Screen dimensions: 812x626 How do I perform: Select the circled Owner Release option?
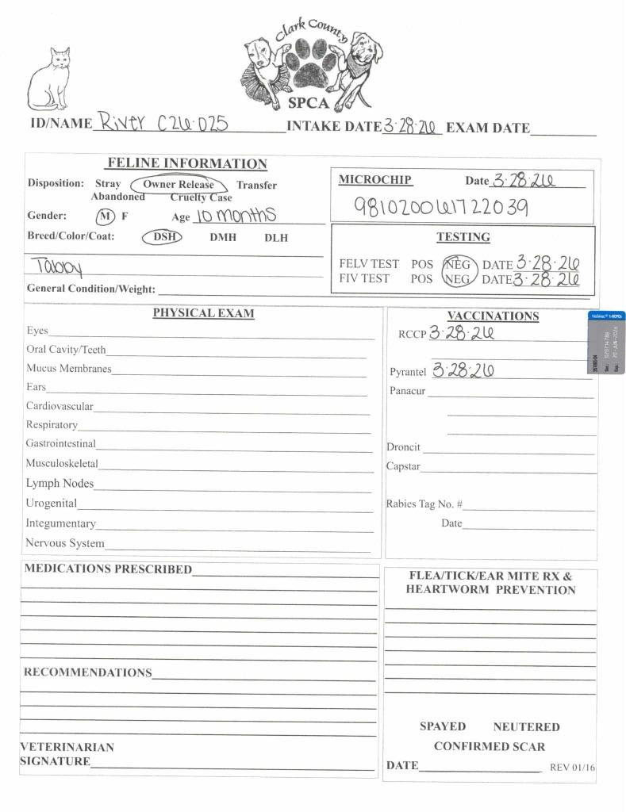tap(179, 185)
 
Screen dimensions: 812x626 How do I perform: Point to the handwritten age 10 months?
tap(235, 215)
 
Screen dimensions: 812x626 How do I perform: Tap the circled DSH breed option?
tap(163, 237)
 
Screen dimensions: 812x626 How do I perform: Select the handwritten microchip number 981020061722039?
tap(440, 208)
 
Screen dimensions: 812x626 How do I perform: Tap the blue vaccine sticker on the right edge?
tap(607, 343)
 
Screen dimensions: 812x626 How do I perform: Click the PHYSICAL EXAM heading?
tap(203, 313)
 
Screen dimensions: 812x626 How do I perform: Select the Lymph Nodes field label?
tap(60, 484)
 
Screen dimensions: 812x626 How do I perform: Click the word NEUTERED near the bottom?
tap(526, 726)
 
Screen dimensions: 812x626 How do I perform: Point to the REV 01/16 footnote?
tap(572, 768)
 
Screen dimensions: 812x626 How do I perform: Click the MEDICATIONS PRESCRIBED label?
tap(108, 569)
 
